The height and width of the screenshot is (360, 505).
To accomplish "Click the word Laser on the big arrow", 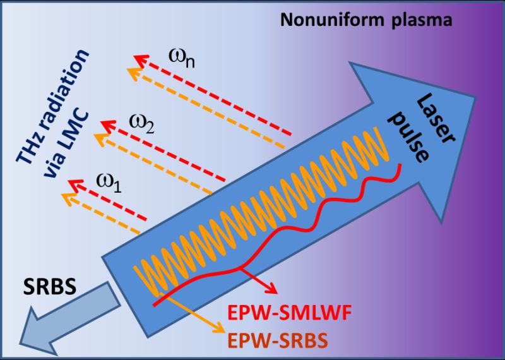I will (x=428, y=111).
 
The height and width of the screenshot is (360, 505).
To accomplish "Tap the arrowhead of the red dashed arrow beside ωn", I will (x=136, y=61).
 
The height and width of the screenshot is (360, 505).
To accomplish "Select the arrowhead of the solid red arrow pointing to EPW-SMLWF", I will (x=273, y=291).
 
